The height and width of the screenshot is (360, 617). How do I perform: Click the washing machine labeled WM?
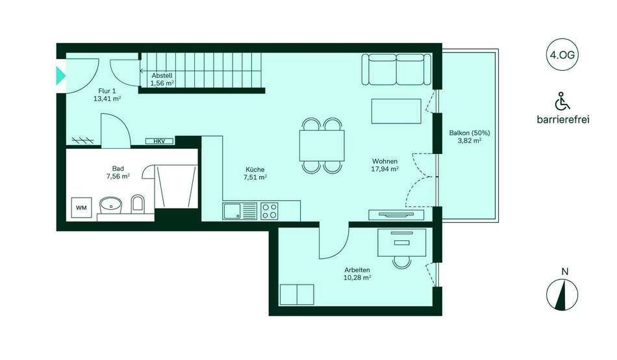[x=81, y=207]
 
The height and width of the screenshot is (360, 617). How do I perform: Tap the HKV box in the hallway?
[x=159, y=141]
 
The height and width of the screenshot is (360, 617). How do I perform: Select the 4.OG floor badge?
[x=562, y=55]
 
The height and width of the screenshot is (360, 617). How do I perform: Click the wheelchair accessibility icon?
[x=562, y=101]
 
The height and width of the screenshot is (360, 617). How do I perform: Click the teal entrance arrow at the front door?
[x=60, y=75]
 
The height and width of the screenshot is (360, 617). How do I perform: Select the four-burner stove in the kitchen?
[x=270, y=211]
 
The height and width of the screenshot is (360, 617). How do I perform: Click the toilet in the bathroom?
[x=137, y=203]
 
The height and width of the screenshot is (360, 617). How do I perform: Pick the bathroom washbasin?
[x=110, y=205]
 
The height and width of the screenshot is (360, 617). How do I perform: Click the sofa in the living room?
[x=396, y=70]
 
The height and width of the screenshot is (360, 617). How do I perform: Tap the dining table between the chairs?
[x=322, y=146]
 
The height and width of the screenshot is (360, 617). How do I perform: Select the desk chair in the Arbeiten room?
[x=401, y=261]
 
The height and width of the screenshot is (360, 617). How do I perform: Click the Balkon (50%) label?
[x=470, y=133]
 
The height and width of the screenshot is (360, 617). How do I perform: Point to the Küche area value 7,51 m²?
[x=255, y=177]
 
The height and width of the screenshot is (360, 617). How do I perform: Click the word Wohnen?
[x=385, y=161]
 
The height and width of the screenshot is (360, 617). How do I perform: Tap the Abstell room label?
[x=162, y=75]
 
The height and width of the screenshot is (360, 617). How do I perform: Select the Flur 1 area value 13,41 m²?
[x=107, y=99]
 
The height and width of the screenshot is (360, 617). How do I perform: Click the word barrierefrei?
[x=563, y=120]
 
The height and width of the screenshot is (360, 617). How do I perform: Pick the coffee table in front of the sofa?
[x=396, y=111]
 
